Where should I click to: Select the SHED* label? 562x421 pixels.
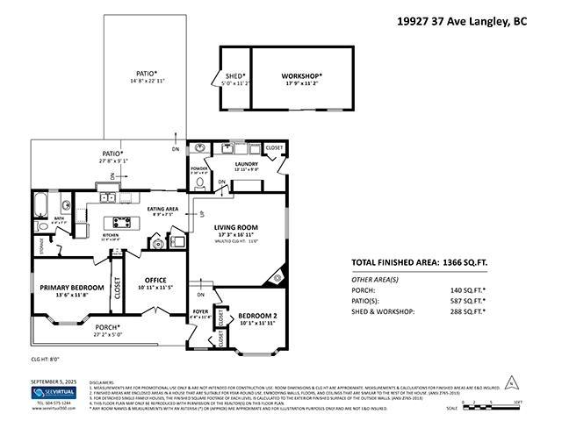point(234,77)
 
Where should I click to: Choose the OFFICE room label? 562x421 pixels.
point(155,281)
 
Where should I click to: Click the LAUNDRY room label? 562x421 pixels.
point(246,163)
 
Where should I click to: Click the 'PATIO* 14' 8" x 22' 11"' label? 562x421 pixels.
point(148,76)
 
